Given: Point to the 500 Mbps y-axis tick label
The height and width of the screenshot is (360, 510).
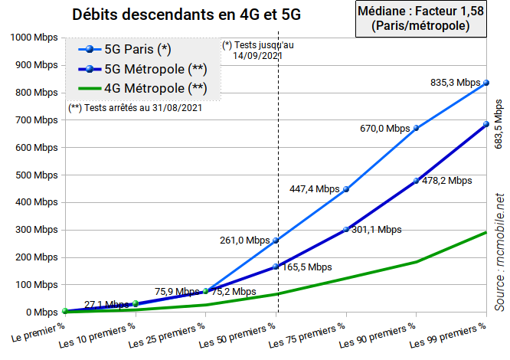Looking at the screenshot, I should (x=34, y=175).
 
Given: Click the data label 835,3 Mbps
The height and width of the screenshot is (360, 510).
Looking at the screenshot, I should (x=456, y=82).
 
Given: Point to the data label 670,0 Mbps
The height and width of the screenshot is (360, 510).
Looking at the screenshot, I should (x=385, y=129).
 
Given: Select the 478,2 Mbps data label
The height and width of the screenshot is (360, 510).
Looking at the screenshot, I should (x=446, y=181).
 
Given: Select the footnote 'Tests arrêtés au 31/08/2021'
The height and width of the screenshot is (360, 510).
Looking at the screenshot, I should (x=136, y=108).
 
